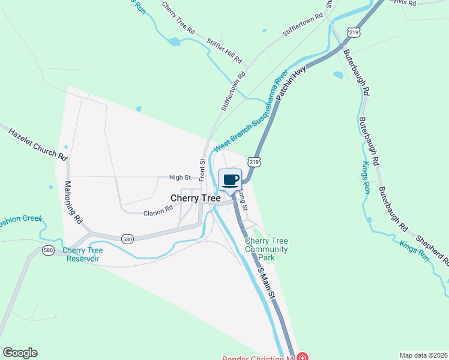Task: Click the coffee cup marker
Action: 231,179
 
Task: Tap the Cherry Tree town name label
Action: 196,197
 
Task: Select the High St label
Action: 179,178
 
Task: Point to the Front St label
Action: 202,169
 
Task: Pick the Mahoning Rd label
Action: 73,203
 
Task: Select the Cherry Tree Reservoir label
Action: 83,254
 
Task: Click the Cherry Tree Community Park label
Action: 267,249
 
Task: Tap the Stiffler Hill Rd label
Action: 224,52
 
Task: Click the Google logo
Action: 20,353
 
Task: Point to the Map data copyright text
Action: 423,355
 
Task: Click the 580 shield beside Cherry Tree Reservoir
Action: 48,250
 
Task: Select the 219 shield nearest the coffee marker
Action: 254,162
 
